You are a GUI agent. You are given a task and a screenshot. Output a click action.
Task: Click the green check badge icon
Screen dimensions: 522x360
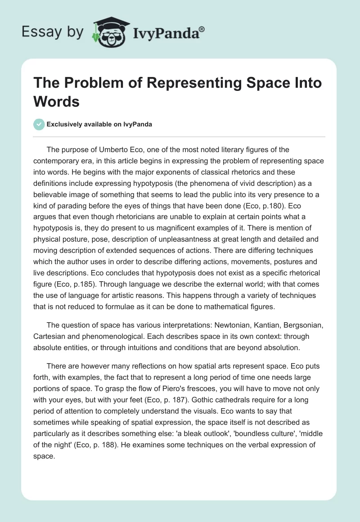39,124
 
